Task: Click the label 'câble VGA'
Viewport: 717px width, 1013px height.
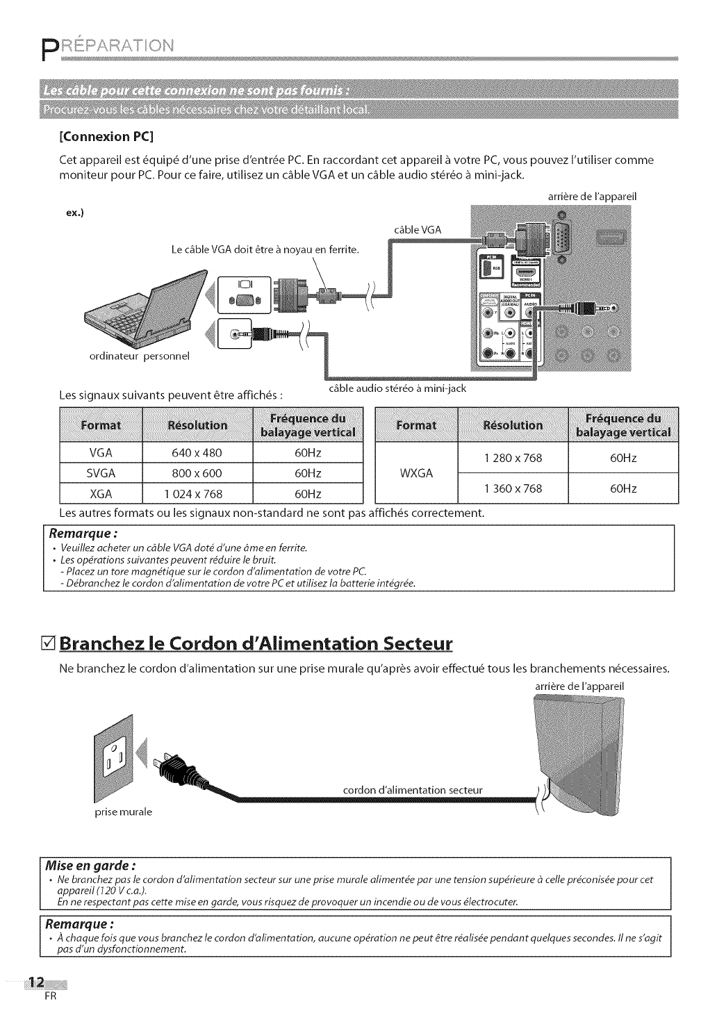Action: tap(417, 230)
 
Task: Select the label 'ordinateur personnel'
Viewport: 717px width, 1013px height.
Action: tap(139, 356)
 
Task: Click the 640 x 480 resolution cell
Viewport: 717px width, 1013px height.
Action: tap(197, 453)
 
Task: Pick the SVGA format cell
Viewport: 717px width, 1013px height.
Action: tap(101, 474)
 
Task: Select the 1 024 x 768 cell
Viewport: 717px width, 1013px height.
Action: tap(197, 494)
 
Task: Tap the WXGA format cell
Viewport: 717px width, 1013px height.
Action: tap(416, 473)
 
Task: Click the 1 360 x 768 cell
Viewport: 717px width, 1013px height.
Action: tap(513, 488)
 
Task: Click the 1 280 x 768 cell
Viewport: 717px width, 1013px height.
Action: tap(513, 458)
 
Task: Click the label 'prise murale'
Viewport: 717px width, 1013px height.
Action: tap(123, 812)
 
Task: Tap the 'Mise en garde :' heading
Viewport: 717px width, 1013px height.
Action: tap(90, 866)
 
